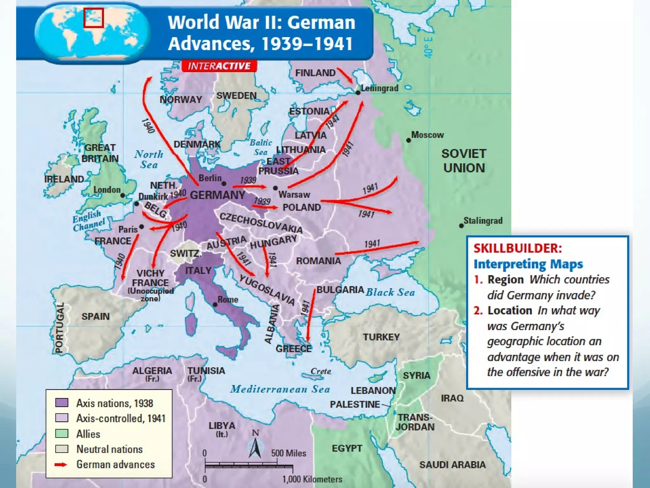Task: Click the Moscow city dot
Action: pyautogui.click(x=408, y=140)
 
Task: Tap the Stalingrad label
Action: pyautogui.click(x=483, y=220)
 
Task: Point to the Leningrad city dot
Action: pyautogui.click(x=358, y=93)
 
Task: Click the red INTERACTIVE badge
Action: pyautogui.click(x=219, y=66)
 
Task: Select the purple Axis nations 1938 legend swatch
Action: pyautogui.click(x=62, y=403)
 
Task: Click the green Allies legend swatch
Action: pyautogui.click(x=62, y=434)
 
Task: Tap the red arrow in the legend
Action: pyautogui.click(x=61, y=464)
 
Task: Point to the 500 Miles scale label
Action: pyautogui.click(x=289, y=453)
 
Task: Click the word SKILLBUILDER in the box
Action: pyautogui.click(x=518, y=248)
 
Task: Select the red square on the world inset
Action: pyautogui.click(x=94, y=18)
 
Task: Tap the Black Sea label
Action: pyautogui.click(x=390, y=292)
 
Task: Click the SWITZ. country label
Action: pyautogui.click(x=186, y=254)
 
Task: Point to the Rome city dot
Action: pyautogui.click(x=215, y=305)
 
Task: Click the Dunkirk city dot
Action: pyautogui.click(x=136, y=204)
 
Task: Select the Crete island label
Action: pyautogui.click(x=321, y=371)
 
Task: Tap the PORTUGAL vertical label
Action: pyautogui.click(x=59, y=328)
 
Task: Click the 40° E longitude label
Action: pyautogui.click(x=428, y=47)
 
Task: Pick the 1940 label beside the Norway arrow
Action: pyautogui.click(x=148, y=126)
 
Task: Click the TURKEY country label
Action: pyautogui.click(x=381, y=337)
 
